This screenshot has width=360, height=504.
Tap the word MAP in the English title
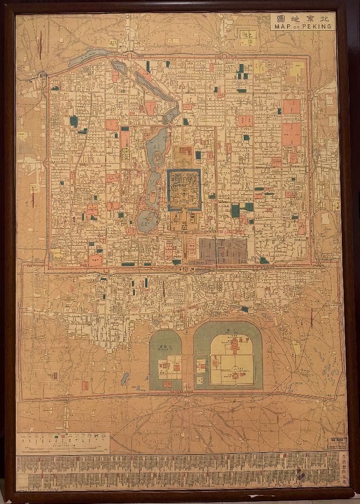pos(283,27)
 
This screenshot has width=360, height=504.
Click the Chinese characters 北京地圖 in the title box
pos(302,19)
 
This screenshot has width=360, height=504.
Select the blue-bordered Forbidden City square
pos(184,189)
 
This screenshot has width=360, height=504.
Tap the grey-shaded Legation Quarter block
pos(223,251)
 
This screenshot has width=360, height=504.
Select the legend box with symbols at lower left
pos(63,442)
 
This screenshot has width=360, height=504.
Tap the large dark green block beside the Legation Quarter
pos(235,211)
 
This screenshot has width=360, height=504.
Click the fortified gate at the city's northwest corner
pos(44,74)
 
